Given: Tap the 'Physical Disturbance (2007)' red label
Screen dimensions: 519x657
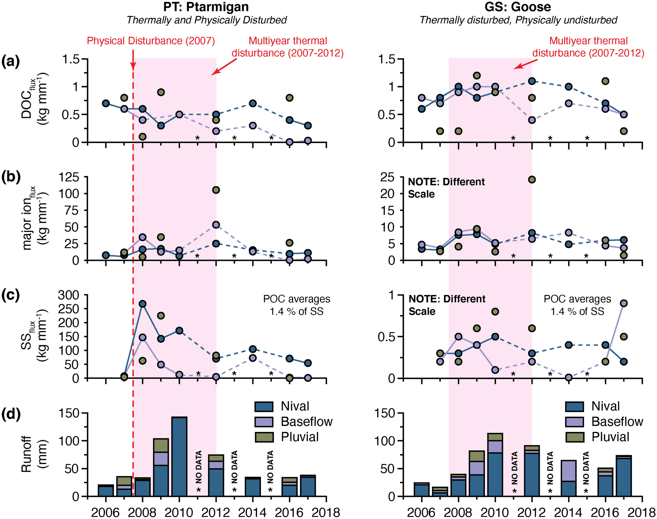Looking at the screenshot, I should pos(151,41).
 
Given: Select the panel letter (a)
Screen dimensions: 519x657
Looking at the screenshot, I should pos(11,62).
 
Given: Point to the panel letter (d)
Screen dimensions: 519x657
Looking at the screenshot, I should pos(11,414).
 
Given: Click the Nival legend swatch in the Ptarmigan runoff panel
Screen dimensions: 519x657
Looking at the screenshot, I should pos(264,406).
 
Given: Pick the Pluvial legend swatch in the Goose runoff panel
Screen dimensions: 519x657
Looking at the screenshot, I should pos(575,437).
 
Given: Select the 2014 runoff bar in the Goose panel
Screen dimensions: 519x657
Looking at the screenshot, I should pos(569,478).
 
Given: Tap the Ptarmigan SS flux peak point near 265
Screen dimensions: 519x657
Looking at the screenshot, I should pos(142,304).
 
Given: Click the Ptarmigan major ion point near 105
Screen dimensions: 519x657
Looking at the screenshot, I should pos(216,190).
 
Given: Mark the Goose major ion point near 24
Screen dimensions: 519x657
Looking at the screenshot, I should pos(532,180).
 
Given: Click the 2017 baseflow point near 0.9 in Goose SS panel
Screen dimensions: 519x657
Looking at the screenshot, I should pos(624,303).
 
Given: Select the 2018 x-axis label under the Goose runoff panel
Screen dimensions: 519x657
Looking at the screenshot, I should pos(641,512).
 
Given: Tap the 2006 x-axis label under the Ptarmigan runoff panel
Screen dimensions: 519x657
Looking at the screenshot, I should pos(105,512).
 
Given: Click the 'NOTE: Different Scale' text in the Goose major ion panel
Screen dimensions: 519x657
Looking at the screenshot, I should pos(446,188).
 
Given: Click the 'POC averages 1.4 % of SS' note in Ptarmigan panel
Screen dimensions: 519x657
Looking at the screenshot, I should pos(296,305).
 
